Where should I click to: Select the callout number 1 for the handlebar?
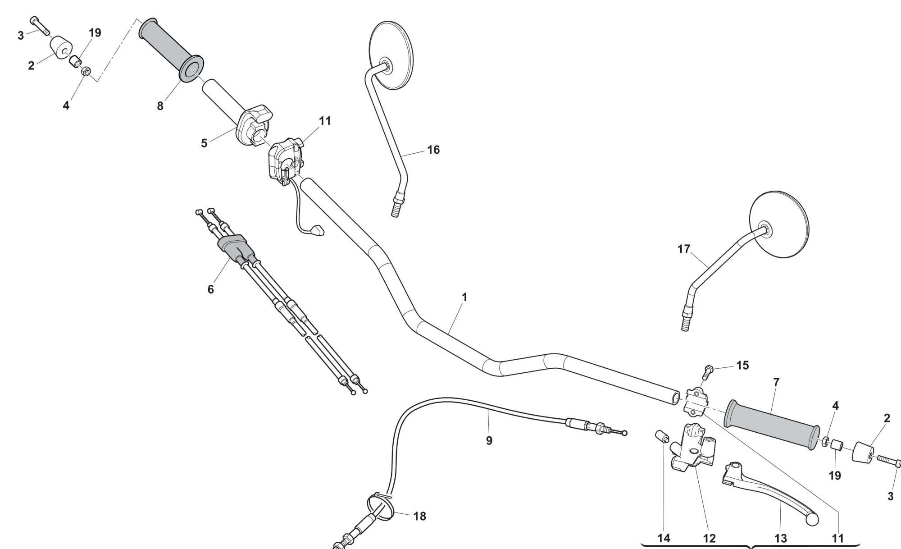(x=464, y=297)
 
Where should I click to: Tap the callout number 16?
(x=433, y=150)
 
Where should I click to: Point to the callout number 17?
(x=684, y=249)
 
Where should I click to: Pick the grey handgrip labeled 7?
(x=771, y=425)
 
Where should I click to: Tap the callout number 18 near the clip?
(x=420, y=516)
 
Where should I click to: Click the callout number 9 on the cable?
(x=489, y=440)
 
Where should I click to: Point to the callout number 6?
(x=210, y=289)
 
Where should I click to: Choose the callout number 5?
(x=204, y=143)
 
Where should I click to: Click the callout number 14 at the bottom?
(x=664, y=538)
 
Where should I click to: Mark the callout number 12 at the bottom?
(x=709, y=538)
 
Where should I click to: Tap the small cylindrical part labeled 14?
(x=660, y=436)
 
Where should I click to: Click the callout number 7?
(x=776, y=382)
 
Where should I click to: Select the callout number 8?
(x=160, y=106)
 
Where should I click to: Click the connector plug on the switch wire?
(x=318, y=231)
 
